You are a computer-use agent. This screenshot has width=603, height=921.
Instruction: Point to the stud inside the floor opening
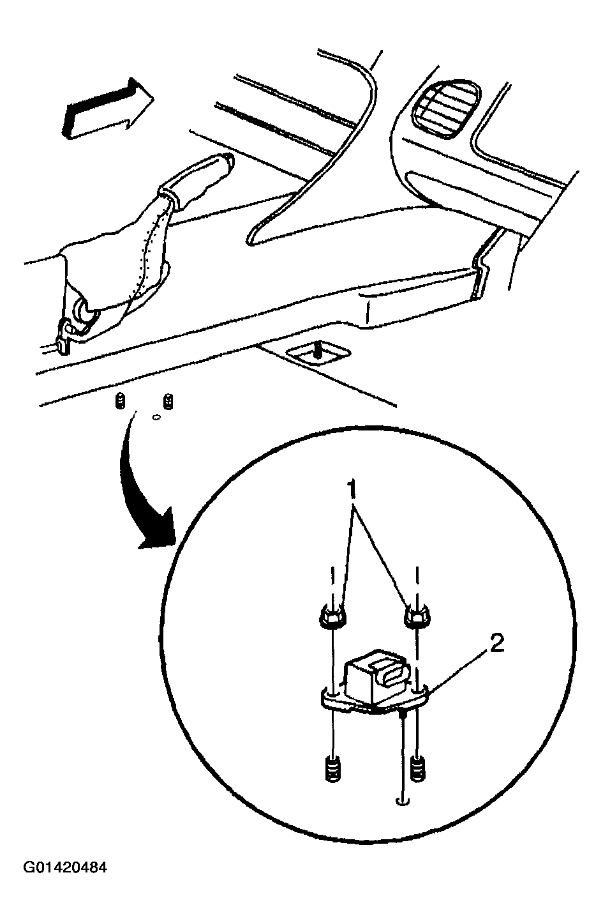click(x=316, y=349)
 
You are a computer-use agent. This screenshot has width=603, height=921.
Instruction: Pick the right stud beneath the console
click(x=169, y=402)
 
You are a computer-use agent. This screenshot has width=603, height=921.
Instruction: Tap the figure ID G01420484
click(x=66, y=868)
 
